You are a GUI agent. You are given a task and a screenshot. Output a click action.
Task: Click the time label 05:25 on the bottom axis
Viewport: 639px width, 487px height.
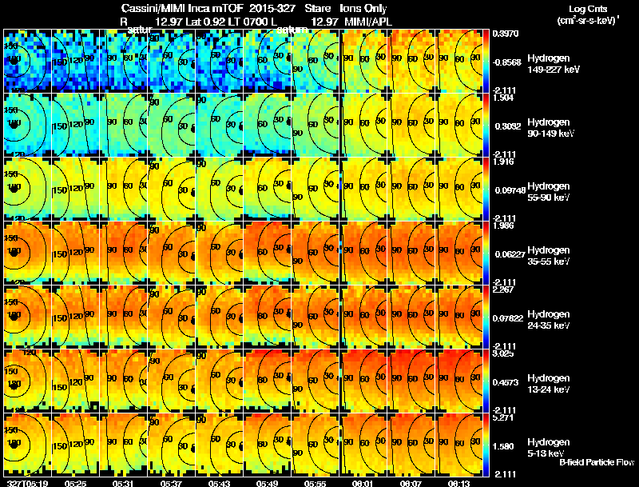coord(75,483)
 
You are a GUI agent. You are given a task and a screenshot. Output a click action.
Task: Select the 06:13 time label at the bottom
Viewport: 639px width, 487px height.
coord(461,483)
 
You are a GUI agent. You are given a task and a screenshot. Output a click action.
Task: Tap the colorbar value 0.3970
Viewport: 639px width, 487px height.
coord(506,34)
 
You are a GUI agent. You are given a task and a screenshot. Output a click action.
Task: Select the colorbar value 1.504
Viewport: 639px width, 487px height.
coord(503,98)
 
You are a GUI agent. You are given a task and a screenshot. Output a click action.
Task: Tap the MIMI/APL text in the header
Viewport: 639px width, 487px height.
coord(368,19)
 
